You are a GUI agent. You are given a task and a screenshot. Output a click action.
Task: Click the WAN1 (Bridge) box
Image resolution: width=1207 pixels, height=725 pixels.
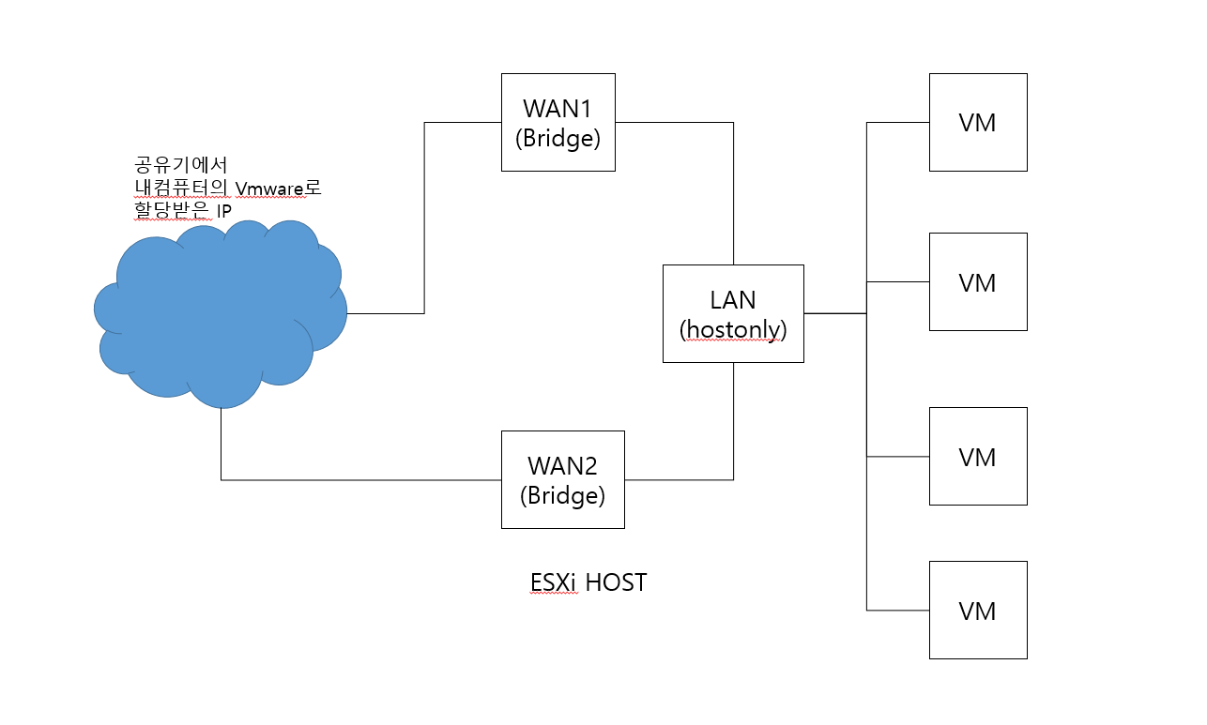click(x=558, y=122)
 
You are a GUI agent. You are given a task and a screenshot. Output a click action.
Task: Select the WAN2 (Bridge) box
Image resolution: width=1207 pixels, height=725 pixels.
click(x=562, y=479)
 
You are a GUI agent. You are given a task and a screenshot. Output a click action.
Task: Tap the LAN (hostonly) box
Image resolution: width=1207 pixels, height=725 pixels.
click(x=732, y=313)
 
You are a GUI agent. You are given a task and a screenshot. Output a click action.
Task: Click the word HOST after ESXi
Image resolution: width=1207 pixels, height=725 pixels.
click(x=616, y=582)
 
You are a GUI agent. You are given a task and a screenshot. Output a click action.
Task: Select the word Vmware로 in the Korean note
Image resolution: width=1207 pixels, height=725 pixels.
click(x=279, y=189)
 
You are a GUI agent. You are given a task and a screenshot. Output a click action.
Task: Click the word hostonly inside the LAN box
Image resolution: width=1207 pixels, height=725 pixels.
click(x=732, y=329)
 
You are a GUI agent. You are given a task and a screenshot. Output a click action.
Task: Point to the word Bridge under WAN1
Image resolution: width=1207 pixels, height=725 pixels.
click(x=558, y=138)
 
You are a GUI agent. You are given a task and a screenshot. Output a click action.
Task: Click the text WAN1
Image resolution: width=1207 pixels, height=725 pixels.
click(x=558, y=106)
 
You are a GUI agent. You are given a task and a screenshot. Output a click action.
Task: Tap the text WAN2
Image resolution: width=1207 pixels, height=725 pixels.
click(x=562, y=464)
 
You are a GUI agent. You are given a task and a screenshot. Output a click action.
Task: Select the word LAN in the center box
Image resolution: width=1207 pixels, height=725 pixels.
click(x=733, y=299)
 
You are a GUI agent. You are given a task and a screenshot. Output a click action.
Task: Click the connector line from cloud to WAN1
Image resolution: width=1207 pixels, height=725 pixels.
click(x=424, y=216)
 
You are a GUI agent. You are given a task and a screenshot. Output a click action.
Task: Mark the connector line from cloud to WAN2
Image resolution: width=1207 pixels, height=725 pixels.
click(x=357, y=480)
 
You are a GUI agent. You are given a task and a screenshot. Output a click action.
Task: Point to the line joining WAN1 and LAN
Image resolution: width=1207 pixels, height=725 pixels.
click(x=733, y=188)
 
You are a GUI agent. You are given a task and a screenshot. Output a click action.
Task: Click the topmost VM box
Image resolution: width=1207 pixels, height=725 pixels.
click(x=977, y=122)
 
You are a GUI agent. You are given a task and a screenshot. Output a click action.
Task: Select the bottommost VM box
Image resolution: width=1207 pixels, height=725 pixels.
click(x=977, y=610)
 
